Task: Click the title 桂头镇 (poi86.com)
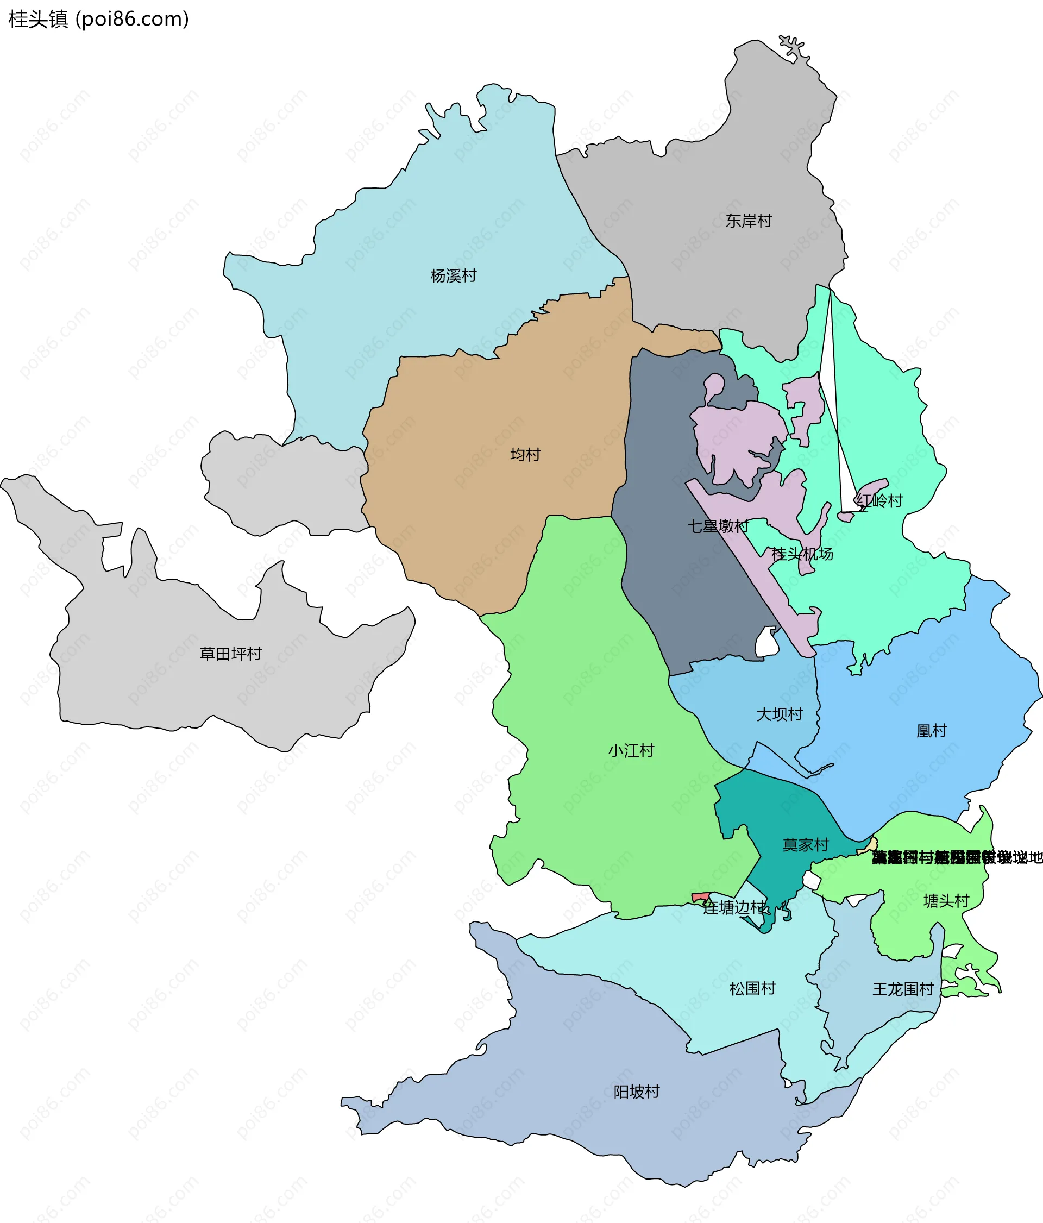(x=98, y=19)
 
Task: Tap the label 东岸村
(x=749, y=221)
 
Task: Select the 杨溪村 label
(x=453, y=275)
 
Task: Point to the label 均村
(x=525, y=455)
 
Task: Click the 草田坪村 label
(x=230, y=654)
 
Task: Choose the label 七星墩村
(x=717, y=526)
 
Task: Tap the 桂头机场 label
(x=802, y=554)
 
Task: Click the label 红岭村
(x=879, y=501)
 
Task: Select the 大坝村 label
(x=779, y=714)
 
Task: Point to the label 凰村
(x=931, y=731)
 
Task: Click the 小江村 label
(x=631, y=750)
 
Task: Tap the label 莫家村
(x=805, y=845)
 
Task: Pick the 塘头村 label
(x=946, y=901)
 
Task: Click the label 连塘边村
(x=736, y=908)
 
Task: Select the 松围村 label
(x=752, y=988)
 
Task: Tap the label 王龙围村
(x=902, y=989)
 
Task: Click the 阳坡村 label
(x=636, y=1092)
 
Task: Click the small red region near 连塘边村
(x=700, y=898)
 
